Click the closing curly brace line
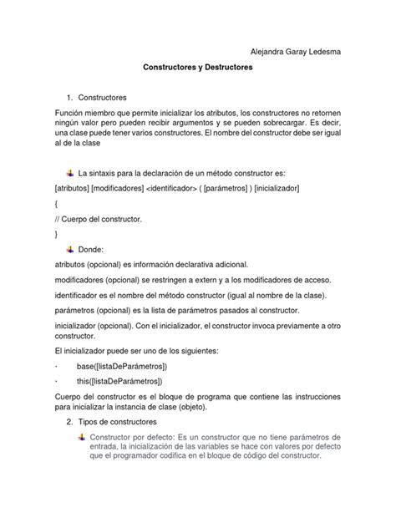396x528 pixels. point(55,234)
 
